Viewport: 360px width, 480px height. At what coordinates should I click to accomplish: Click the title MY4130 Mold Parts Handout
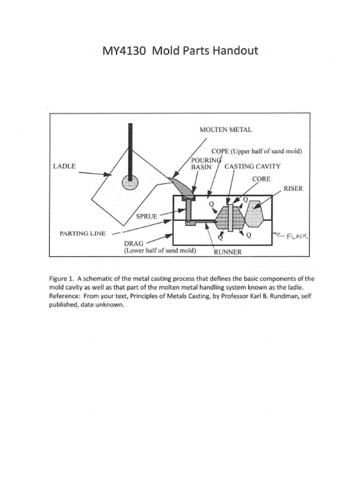[x=180, y=51]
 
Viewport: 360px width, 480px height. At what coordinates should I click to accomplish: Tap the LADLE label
[x=64, y=166]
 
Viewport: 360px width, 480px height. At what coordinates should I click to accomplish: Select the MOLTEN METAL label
[x=225, y=130]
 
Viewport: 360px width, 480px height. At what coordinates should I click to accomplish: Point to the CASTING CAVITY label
[x=253, y=166]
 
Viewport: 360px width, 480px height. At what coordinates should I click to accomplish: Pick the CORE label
[x=261, y=179]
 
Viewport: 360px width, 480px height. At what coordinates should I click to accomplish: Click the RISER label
[x=293, y=188]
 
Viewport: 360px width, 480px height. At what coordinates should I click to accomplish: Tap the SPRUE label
[x=146, y=217]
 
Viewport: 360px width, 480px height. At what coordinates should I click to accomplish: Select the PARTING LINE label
[x=82, y=233]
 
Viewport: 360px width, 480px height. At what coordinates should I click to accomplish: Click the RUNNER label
[x=228, y=252]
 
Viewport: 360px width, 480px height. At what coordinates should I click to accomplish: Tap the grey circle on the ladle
[x=130, y=182]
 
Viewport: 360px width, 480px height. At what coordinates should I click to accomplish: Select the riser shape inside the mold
[x=254, y=214]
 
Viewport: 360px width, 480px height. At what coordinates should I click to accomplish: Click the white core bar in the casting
[x=231, y=217]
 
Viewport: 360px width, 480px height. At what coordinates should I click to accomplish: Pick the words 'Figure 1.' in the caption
[x=61, y=278]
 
